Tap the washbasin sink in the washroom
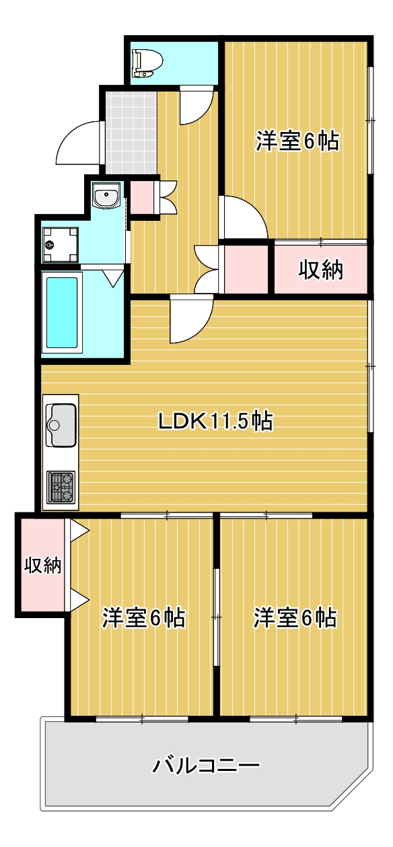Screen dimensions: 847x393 106,197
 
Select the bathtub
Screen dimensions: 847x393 61,311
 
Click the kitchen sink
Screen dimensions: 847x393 61,423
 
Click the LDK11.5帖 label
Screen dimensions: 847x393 215,421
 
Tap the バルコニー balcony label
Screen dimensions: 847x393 205,766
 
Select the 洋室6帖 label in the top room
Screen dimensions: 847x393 296,142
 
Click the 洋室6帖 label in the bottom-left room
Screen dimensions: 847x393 144,617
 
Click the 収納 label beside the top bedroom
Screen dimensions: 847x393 321,270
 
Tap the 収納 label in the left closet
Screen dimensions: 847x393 42,565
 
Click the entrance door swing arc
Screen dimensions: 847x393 77,143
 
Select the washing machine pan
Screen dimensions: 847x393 60,244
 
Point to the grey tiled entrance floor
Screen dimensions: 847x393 129,131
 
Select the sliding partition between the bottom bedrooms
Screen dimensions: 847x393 217,616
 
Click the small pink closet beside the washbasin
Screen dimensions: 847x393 141,197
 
